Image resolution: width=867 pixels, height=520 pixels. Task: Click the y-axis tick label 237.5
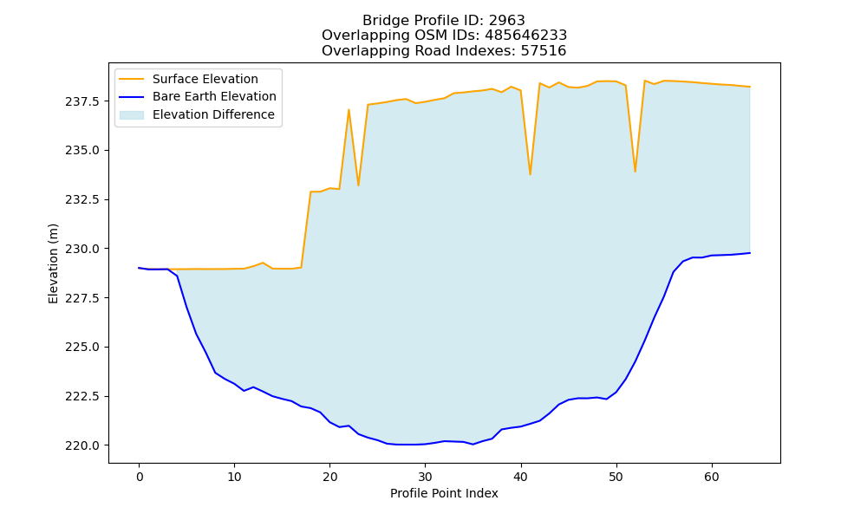click(x=82, y=101)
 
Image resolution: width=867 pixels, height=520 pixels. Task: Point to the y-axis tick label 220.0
click(x=82, y=445)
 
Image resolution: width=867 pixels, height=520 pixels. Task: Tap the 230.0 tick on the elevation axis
click(x=82, y=249)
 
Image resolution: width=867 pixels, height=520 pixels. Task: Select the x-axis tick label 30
click(x=425, y=477)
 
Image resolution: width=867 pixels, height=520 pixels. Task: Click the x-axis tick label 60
click(x=712, y=477)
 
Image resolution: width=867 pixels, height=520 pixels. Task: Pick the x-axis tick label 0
click(x=140, y=477)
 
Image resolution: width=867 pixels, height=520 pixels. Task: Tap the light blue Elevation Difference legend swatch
click(x=132, y=114)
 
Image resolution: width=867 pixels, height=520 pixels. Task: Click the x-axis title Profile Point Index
click(x=444, y=493)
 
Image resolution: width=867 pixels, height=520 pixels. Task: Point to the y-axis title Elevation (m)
click(x=53, y=263)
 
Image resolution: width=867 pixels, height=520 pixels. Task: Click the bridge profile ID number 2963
click(x=506, y=21)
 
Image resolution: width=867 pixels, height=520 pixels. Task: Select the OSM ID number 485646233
click(x=526, y=36)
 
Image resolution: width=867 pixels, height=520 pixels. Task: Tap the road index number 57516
click(x=544, y=51)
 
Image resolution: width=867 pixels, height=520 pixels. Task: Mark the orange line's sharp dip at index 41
click(x=531, y=174)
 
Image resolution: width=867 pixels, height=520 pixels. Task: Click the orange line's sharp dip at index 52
click(x=636, y=172)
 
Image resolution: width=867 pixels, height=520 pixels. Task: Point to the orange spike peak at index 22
click(x=349, y=109)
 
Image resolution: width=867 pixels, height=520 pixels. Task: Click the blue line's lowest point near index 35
click(x=473, y=445)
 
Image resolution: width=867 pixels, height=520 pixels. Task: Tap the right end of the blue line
click(x=750, y=253)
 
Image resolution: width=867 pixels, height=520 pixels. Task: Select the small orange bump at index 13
click(x=264, y=263)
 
